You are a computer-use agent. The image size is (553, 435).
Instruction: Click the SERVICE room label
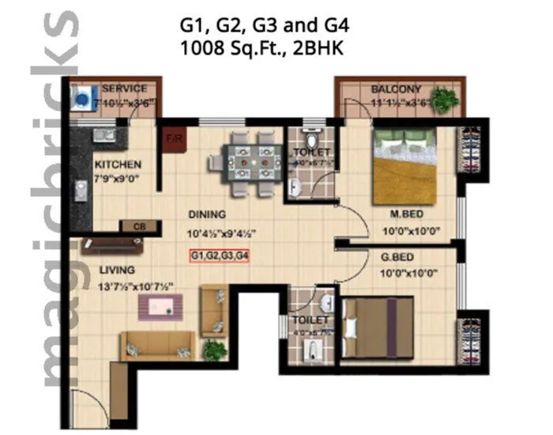[x=123, y=88]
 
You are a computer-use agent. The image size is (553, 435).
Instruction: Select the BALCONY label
[x=397, y=89]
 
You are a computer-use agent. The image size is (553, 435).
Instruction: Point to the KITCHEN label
[x=118, y=165]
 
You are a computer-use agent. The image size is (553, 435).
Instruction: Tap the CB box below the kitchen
[x=140, y=226]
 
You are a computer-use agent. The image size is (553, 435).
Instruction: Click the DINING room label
[x=206, y=214]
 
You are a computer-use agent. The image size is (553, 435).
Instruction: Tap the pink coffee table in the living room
[x=166, y=307]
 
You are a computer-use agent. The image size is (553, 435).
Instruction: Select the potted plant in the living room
[x=213, y=349]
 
